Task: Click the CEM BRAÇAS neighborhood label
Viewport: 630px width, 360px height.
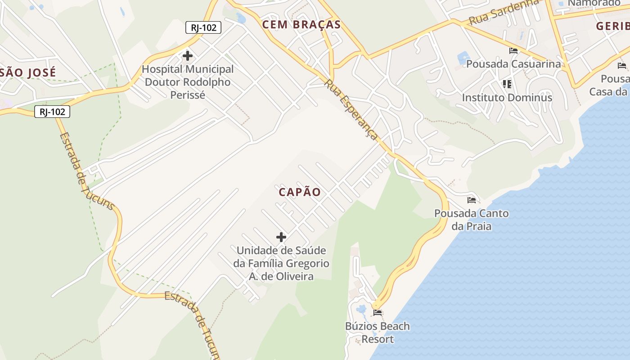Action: click(301, 25)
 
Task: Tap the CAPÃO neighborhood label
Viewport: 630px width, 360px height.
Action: click(300, 192)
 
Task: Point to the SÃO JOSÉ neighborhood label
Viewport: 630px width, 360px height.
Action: click(28, 72)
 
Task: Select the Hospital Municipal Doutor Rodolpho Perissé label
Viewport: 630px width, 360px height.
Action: click(188, 82)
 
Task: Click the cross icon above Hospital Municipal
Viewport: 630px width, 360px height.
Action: click(188, 56)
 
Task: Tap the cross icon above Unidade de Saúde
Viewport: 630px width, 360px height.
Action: click(281, 237)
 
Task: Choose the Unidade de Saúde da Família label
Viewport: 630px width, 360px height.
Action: click(281, 263)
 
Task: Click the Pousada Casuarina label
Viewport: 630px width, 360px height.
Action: click(513, 64)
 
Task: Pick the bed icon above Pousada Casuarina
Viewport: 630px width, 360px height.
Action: click(513, 50)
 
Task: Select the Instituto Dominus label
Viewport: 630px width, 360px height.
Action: click(507, 97)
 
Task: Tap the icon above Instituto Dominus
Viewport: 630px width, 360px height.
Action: click(507, 84)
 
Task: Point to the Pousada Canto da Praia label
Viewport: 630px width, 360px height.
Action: click(472, 220)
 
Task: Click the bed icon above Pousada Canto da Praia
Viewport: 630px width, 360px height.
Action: click(472, 200)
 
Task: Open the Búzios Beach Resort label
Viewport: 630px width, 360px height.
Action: click(378, 333)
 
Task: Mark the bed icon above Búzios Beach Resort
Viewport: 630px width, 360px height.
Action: click(378, 312)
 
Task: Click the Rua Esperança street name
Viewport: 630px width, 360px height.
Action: click(351, 109)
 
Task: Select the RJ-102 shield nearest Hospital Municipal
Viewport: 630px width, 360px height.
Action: click(203, 27)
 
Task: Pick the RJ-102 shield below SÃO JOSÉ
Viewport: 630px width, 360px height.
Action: click(52, 112)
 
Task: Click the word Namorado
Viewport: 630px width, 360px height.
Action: click(594, 3)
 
